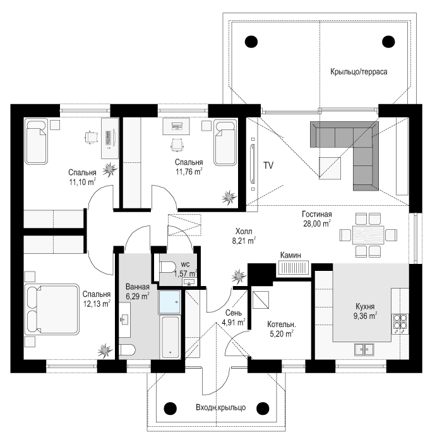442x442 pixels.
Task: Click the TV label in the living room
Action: [x=268, y=165]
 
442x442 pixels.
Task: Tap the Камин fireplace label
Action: [x=290, y=255]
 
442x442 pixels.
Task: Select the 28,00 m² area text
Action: [x=317, y=224]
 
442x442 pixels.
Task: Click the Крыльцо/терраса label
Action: [x=359, y=71]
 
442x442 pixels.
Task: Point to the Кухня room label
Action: [x=365, y=306]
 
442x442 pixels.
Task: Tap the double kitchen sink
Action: [x=364, y=350]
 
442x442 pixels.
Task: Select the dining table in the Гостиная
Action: [x=368, y=235]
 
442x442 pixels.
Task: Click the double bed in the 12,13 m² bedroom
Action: [x=51, y=309]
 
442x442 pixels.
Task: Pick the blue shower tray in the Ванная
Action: [x=169, y=302]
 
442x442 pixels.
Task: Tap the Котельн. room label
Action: [x=282, y=325]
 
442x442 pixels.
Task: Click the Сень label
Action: [x=234, y=313]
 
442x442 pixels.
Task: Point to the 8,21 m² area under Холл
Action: [x=244, y=241]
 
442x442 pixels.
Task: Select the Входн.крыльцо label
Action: [x=220, y=407]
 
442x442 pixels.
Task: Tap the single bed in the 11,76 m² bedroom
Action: [x=225, y=143]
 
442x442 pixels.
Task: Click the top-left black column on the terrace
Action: [x=251, y=42]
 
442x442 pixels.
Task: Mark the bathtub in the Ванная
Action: [x=170, y=337]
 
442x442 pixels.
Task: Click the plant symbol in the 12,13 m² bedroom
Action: [x=105, y=351]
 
